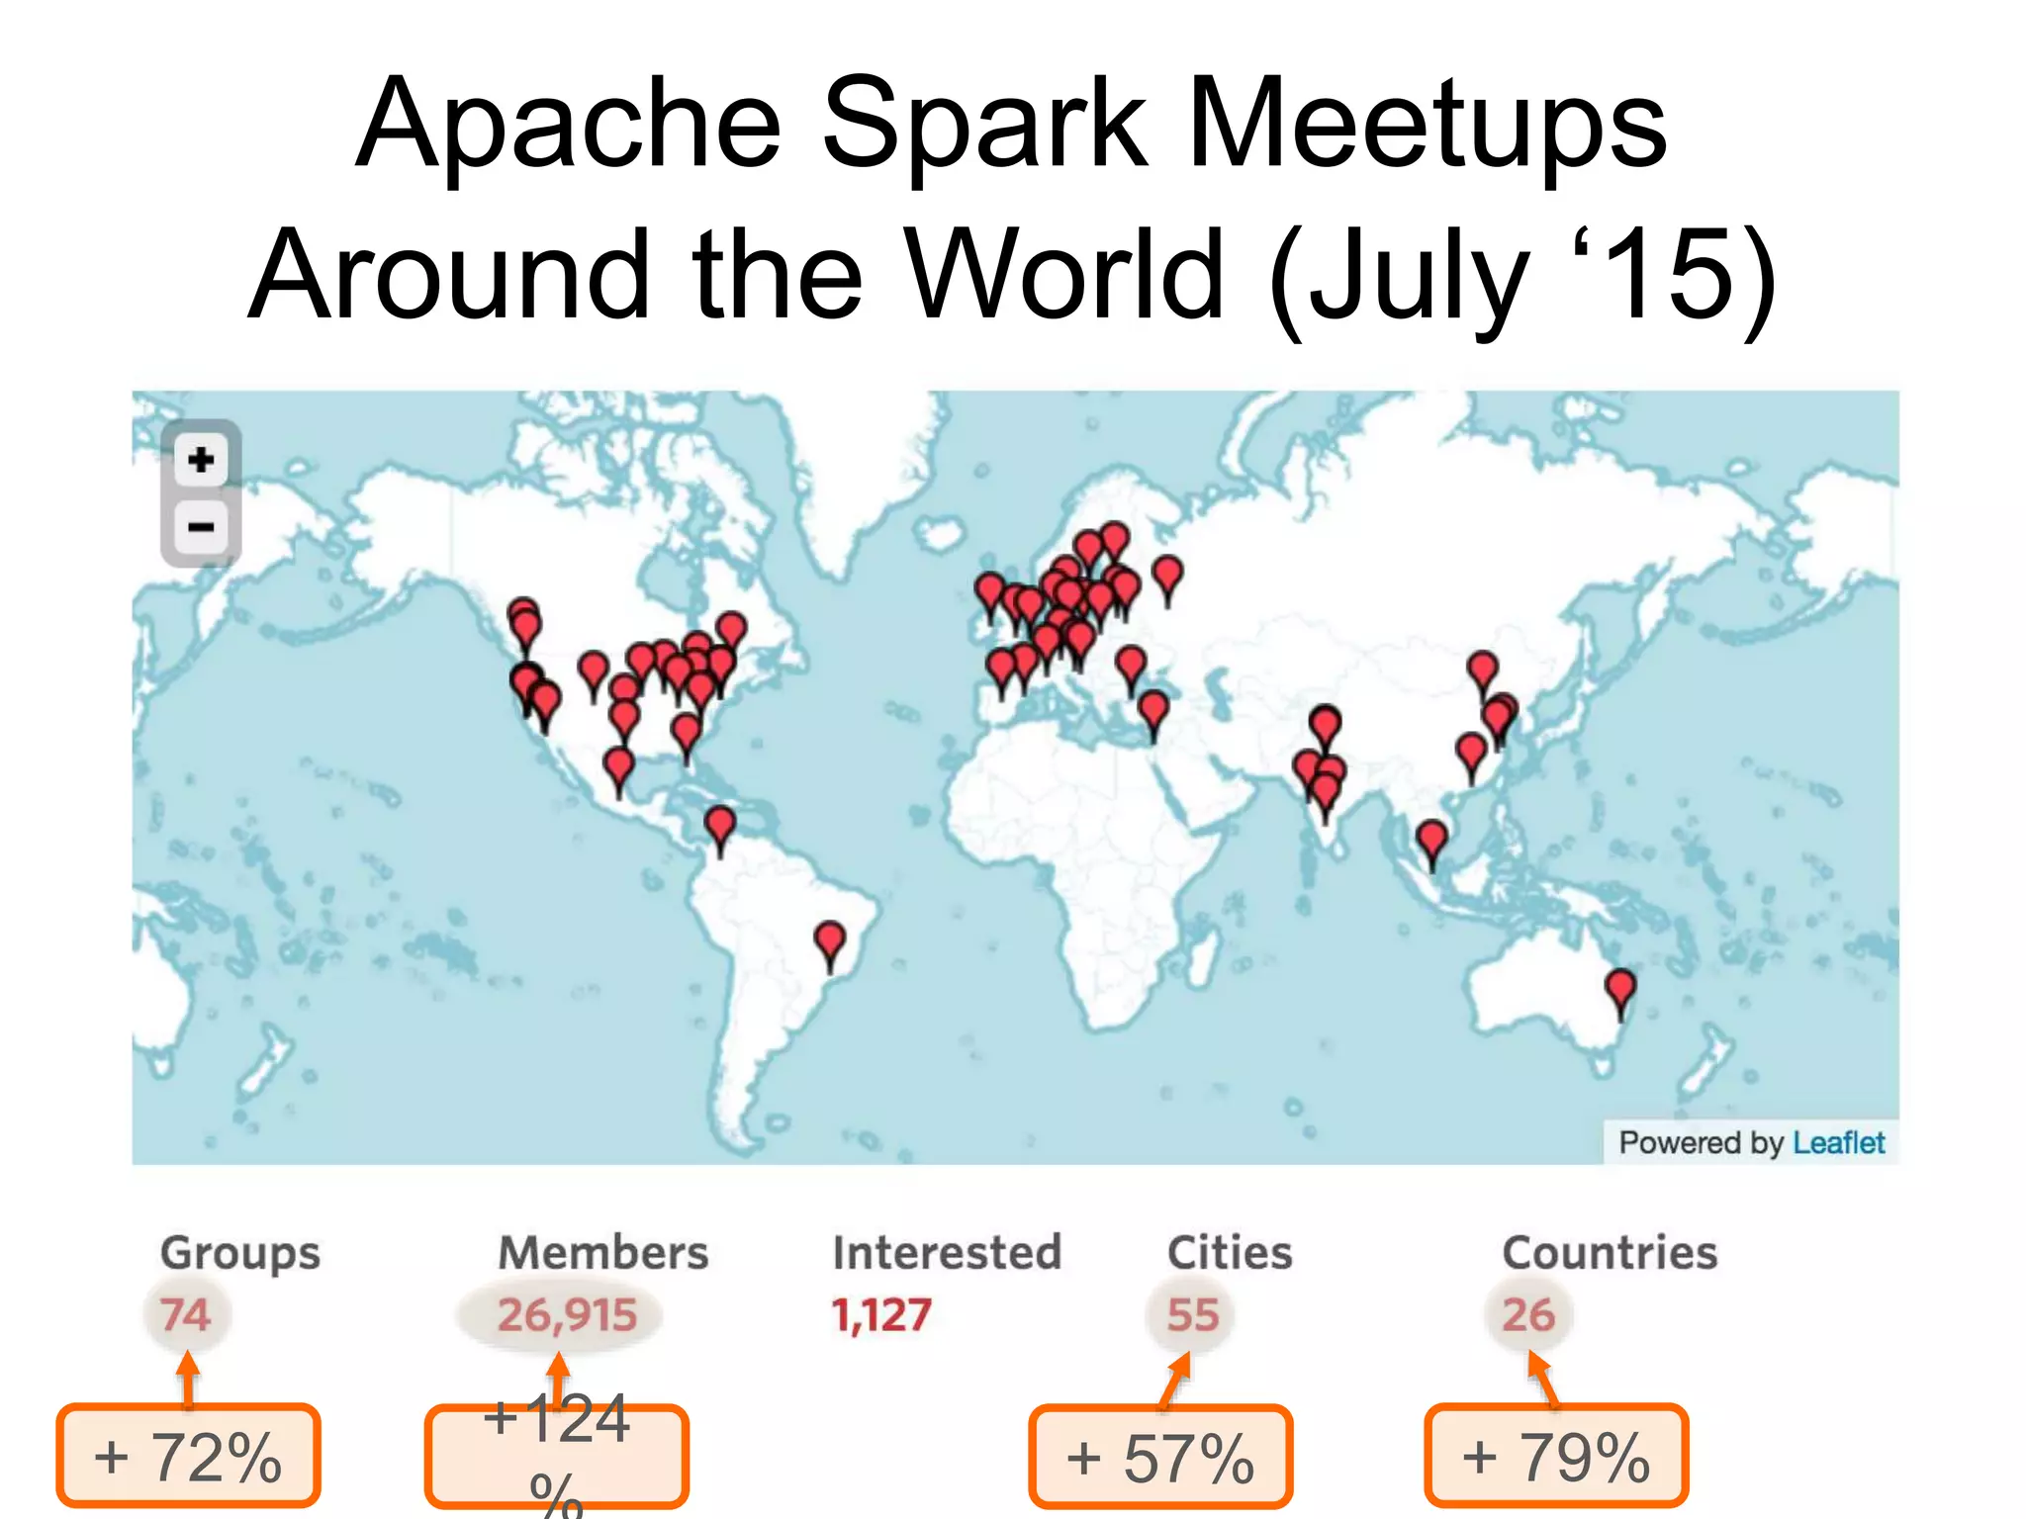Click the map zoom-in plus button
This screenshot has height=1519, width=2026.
click(201, 460)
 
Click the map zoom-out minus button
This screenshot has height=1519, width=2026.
click(201, 526)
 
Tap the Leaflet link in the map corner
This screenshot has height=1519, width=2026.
click(1838, 1143)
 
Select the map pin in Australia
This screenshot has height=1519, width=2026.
click(1619, 988)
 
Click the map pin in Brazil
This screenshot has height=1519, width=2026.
click(830, 939)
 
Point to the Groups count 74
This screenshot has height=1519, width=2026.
click(185, 1315)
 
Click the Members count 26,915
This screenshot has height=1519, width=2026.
click(566, 1315)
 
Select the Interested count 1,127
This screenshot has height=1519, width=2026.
click(881, 1315)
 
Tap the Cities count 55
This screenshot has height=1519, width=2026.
click(1192, 1315)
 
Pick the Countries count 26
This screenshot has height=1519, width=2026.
click(1528, 1315)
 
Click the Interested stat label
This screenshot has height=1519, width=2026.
click(947, 1253)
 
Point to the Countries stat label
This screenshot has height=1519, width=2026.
click(1610, 1253)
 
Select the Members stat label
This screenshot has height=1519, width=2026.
click(603, 1253)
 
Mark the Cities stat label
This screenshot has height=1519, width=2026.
click(1230, 1253)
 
